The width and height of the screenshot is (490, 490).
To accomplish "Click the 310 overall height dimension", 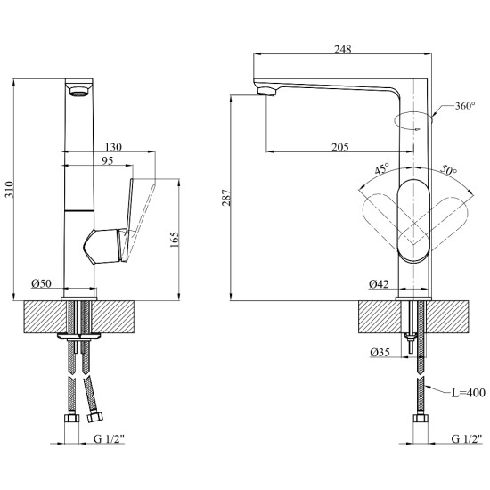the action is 10,189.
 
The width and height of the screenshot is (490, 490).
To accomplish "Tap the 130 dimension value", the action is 113,147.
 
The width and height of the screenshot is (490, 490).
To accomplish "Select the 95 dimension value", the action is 108,160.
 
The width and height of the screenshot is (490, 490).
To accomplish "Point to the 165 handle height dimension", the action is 174,240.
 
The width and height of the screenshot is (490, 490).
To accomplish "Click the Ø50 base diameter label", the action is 41,283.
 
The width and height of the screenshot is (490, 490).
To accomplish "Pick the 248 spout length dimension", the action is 343,49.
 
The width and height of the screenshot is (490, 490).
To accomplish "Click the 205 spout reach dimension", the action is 340,147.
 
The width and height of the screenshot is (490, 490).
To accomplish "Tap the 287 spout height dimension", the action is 226,197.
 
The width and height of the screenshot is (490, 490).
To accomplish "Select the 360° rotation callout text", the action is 465,106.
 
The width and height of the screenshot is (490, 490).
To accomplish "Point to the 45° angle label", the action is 382,168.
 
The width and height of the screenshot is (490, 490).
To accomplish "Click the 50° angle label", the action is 449,169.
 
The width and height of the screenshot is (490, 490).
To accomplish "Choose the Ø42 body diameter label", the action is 379,283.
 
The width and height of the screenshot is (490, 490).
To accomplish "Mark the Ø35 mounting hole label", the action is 380,352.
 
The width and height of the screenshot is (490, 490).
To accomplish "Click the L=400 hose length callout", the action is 469,393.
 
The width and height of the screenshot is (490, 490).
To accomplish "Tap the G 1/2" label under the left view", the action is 109,439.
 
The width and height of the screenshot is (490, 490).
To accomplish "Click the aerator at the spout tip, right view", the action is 266,91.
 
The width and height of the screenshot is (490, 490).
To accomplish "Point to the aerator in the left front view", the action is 79,92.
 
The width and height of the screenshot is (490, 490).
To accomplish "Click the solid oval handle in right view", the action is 413,221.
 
